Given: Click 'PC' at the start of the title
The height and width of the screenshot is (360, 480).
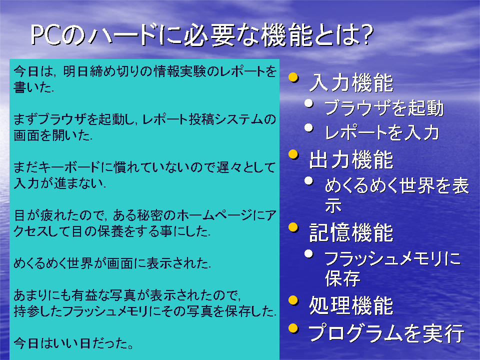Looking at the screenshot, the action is [46, 35].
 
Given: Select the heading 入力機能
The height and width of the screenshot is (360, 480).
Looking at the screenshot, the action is [351, 83].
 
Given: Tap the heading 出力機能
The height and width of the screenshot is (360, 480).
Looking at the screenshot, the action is [351, 159].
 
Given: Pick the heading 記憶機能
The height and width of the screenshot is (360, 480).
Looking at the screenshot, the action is [351, 232].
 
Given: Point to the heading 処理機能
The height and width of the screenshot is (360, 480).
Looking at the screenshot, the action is [351, 305].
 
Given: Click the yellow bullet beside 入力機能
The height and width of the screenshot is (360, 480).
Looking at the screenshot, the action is [293, 77].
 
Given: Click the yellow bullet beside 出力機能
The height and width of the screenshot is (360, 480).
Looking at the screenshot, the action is [293, 154].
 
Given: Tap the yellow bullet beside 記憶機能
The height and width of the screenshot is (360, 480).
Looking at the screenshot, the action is [293, 227].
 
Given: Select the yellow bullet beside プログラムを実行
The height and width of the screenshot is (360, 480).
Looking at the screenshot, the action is [293, 328].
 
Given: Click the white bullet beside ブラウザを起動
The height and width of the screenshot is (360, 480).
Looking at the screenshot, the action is [309, 103].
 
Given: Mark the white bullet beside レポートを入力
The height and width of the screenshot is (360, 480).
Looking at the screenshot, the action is [309, 127].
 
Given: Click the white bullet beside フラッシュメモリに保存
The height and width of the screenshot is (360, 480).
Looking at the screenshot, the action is [309, 254].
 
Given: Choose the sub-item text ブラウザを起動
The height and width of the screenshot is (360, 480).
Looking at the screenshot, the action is [384, 108].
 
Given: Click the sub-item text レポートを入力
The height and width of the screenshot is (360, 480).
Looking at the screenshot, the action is [382, 132].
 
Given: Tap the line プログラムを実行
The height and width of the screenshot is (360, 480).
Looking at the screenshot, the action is [386, 333].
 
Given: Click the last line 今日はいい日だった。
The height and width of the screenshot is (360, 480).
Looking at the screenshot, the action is [73, 343].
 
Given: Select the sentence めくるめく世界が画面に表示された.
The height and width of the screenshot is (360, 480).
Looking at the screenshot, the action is [112, 263].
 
